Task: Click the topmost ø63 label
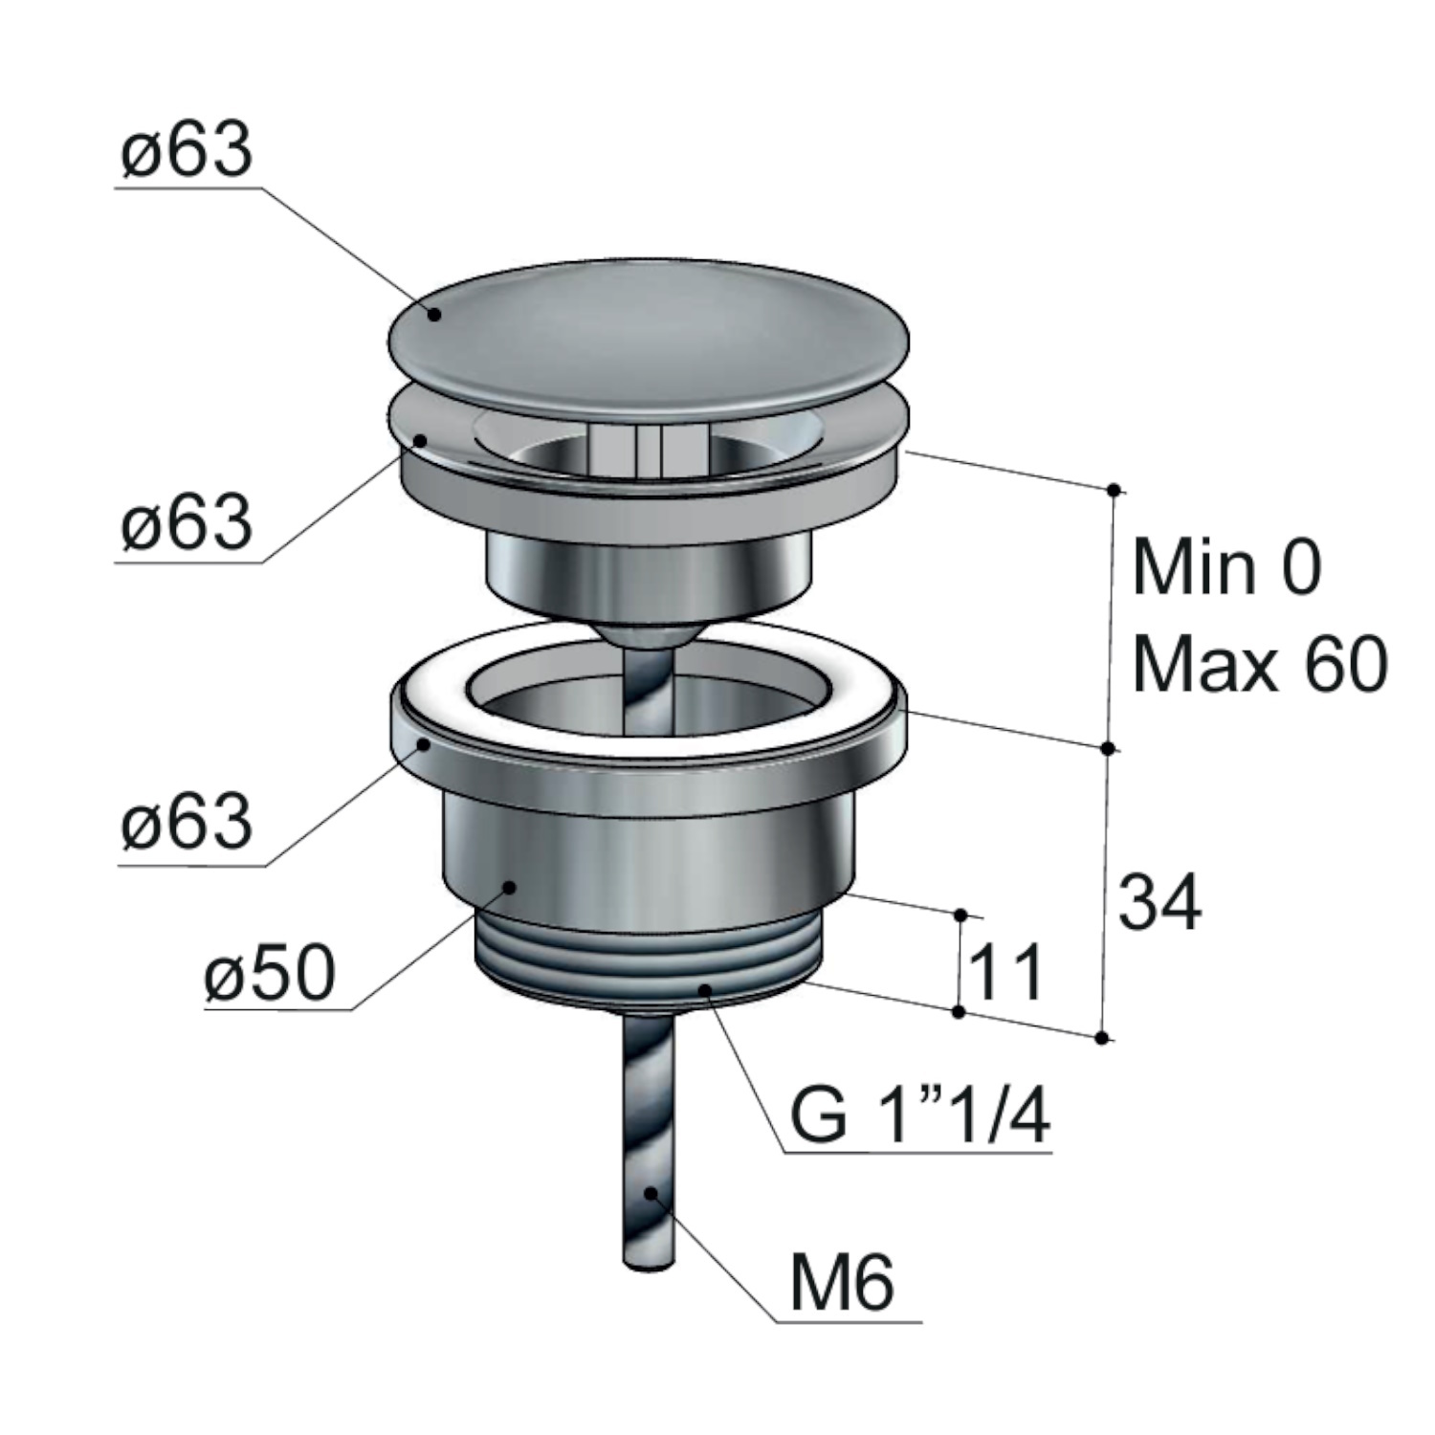click(x=188, y=151)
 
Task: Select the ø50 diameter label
click(x=271, y=972)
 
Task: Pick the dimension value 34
click(x=1159, y=902)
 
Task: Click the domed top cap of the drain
click(x=649, y=334)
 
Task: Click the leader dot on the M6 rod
click(x=651, y=1193)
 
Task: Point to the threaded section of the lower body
click(x=648, y=957)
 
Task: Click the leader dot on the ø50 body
click(x=511, y=887)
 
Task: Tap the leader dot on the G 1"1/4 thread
click(x=706, y=988)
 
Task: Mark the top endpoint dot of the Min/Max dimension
click(x=1114, y=491)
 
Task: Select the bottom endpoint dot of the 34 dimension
click(x=1102, y=1038)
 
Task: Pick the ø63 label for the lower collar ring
click(x=188, y=822)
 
